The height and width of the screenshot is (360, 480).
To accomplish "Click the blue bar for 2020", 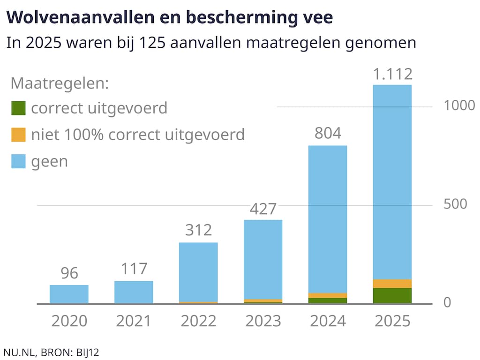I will coord(69,294).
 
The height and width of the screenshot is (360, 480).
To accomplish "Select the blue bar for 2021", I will coord(134,292).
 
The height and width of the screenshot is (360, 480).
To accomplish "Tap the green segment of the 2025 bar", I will coord(392,296).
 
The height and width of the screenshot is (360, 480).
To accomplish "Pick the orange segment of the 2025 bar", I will coord(392,284).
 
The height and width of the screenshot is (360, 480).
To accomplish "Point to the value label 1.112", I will coord(392,74).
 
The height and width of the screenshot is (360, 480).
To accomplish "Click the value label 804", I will coord(328,134).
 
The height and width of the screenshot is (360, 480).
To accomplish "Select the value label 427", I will coord(263,209).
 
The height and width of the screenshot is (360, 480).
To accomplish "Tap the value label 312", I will coord(198,231).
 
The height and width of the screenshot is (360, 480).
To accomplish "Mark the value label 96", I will coord(69,273).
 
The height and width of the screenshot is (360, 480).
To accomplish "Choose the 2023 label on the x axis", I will coord(263,321).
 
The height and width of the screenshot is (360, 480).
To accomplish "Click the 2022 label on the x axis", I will coord(198,321).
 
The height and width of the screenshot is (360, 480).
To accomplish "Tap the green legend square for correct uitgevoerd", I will coord(18,108).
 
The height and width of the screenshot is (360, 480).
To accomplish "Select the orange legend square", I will coord(18,135).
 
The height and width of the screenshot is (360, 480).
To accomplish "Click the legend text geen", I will coord(49,162).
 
